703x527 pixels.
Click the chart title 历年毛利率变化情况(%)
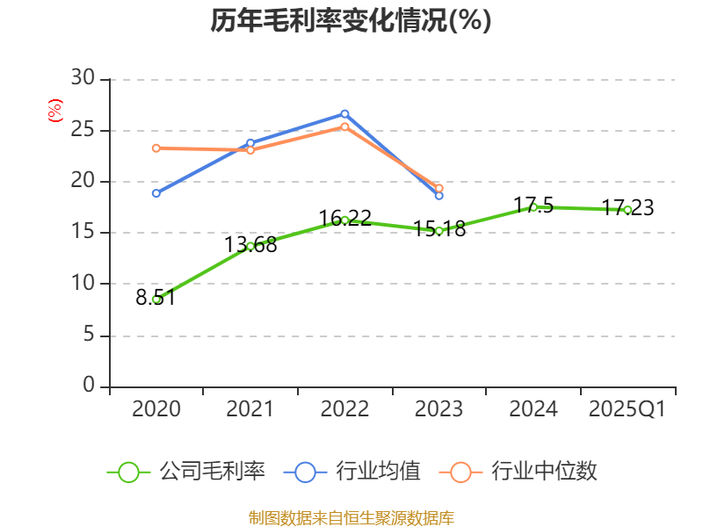pos(351,21)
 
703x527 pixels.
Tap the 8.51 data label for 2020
pos(156,298)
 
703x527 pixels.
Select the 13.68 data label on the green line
pos(250,246)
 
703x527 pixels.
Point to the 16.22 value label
pos(344,218)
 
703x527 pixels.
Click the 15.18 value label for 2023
pos(438,231)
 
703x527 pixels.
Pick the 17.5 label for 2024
pos(533,206)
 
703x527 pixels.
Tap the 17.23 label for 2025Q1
pos(627,208)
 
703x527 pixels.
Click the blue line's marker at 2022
pos(344,113)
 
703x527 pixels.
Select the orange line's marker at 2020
pos(156,148)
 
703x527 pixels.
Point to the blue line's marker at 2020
pos(156,193)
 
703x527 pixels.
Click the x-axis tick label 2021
pos(250,409)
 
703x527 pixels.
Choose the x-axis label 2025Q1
pos(627,409)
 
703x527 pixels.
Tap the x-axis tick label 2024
pos(533,409)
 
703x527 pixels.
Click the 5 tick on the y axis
pos(88,335)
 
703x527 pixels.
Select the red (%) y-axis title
pos(54,111)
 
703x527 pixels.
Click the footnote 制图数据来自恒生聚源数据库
pos(351,517)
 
